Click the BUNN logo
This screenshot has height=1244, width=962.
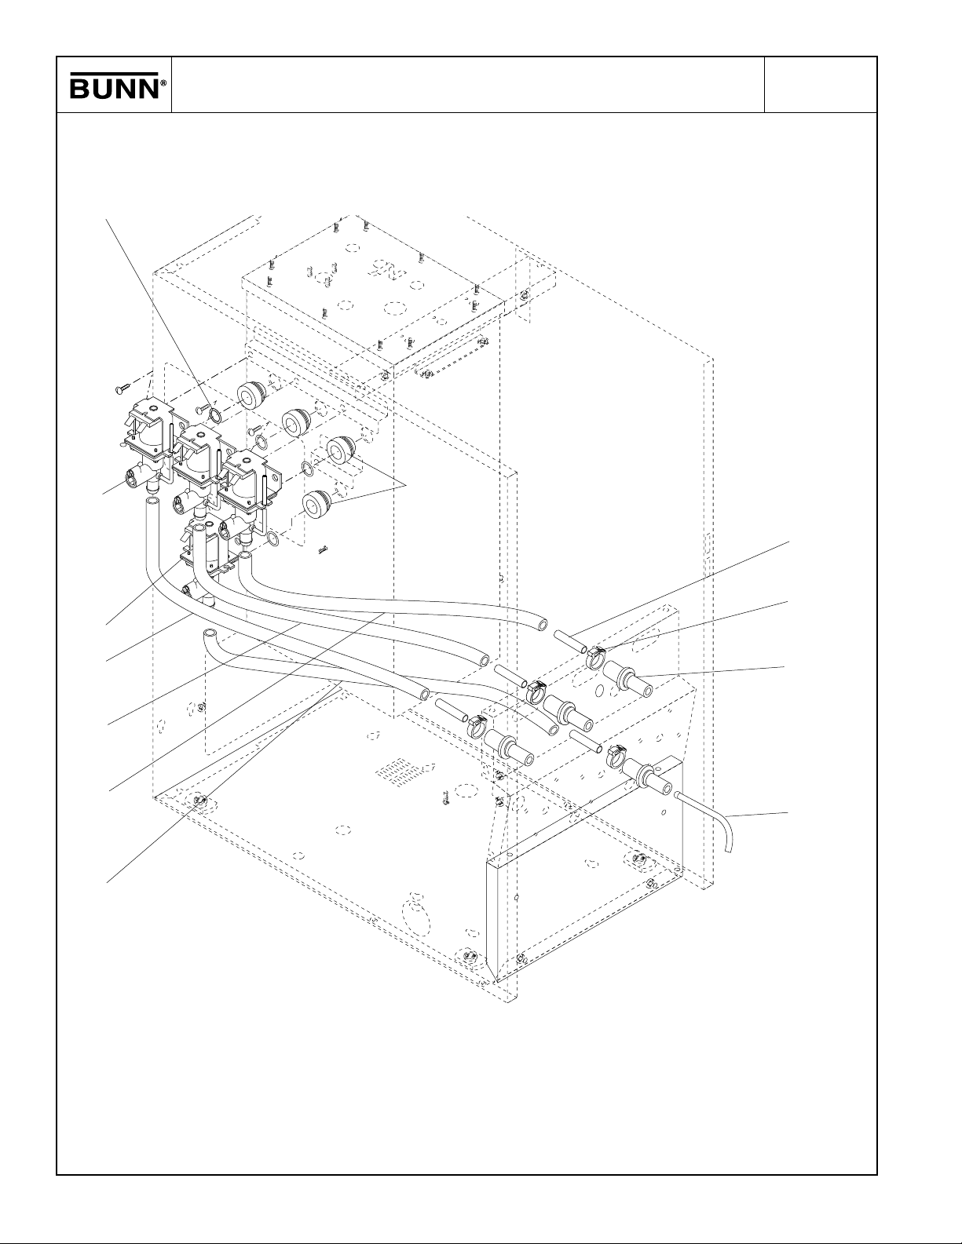(118, 86)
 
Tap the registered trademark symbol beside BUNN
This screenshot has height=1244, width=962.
(163, 83)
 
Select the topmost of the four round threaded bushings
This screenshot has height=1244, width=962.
(251, 395)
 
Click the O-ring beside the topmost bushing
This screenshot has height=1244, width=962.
(214, 414)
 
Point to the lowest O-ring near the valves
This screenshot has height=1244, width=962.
(273, 538)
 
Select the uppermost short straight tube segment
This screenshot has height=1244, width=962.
(571, 641)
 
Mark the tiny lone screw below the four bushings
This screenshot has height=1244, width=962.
(324, 550)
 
